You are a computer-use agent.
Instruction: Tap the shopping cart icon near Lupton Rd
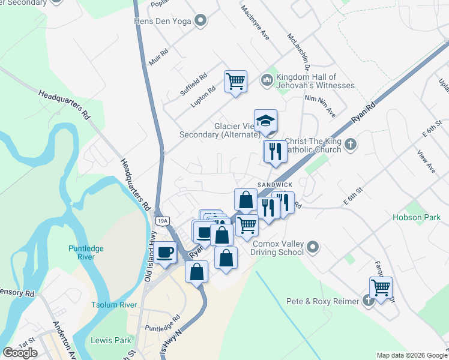[235, 80]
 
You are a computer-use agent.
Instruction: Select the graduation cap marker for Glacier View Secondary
[265, 121]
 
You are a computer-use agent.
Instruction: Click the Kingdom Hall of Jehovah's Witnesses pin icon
[267, 79]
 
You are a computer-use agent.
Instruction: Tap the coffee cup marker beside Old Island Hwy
[166, 251]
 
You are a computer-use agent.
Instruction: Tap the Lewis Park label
[110, 340]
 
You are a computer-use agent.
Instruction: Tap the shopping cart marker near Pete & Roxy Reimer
[381, 287]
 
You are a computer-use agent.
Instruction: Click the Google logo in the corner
[20, 353]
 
